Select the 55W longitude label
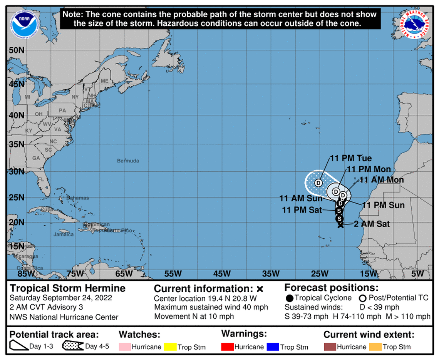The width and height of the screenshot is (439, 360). click(173, 274)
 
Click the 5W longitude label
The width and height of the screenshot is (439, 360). click(417, 274)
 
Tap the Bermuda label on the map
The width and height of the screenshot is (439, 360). click(128, 161)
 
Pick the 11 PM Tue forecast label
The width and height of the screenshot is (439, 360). click(351, 158)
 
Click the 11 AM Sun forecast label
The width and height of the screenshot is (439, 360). click(301, 199)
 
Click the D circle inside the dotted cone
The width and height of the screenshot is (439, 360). click(318, 183)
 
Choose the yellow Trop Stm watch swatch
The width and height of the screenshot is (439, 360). click(170, 347)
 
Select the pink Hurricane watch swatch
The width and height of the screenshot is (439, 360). click(125, 347)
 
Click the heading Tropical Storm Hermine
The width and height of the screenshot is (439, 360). click(67, 288)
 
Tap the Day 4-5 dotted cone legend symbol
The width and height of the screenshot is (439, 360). click(72, 346)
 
